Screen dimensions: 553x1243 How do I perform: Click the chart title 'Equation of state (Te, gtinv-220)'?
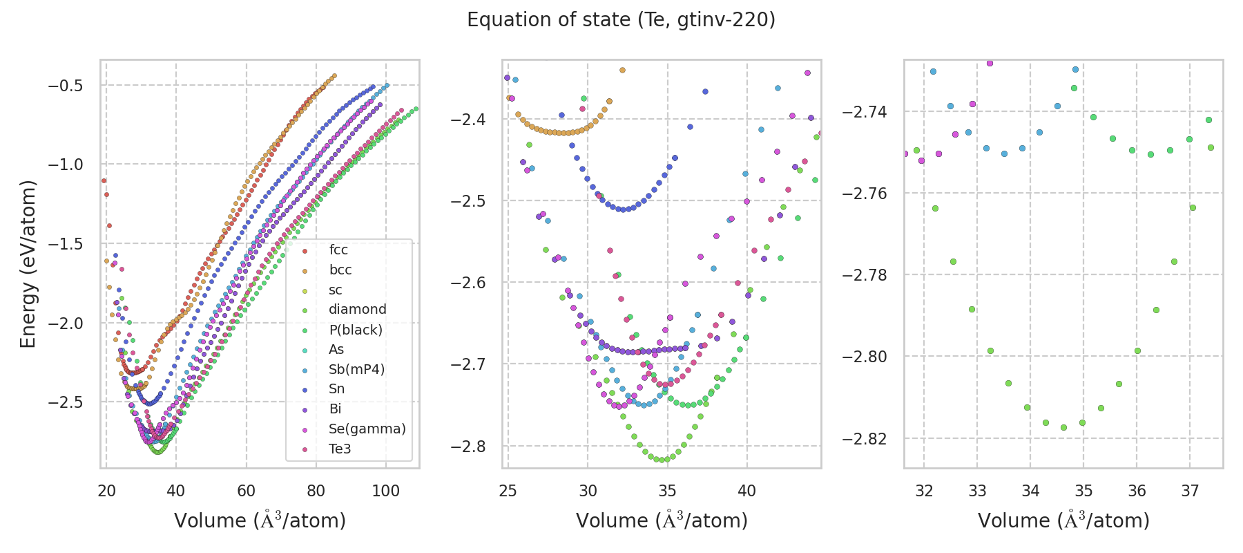[x=621, y=20]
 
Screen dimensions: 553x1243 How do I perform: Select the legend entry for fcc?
[x=338, y=250]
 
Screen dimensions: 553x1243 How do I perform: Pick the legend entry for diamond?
[x=357, y=310]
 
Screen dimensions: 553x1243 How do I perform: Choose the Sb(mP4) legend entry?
[x=356, y=369]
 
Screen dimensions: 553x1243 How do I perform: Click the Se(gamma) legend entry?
[x=367, y=429]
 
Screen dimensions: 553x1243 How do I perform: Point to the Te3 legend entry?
[x=340, y=449]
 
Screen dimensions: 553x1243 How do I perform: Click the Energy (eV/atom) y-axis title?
[x=28, y=264]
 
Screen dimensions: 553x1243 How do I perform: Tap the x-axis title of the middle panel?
[x=662, y=521]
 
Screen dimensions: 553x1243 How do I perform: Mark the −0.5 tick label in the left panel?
[x=65, y=86]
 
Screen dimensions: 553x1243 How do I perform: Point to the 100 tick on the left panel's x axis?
[x=385, y=491]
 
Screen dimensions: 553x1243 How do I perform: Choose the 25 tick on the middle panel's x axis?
[x=508, y=491]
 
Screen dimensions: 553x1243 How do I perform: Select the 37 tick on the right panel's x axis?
[x=1190, y=491]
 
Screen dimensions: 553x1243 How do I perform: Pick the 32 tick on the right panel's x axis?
[x=924, y=491]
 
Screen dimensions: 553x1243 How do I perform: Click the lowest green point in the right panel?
[x=1063, y=427]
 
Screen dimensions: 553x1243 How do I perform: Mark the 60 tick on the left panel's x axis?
[x=246, y=491]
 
